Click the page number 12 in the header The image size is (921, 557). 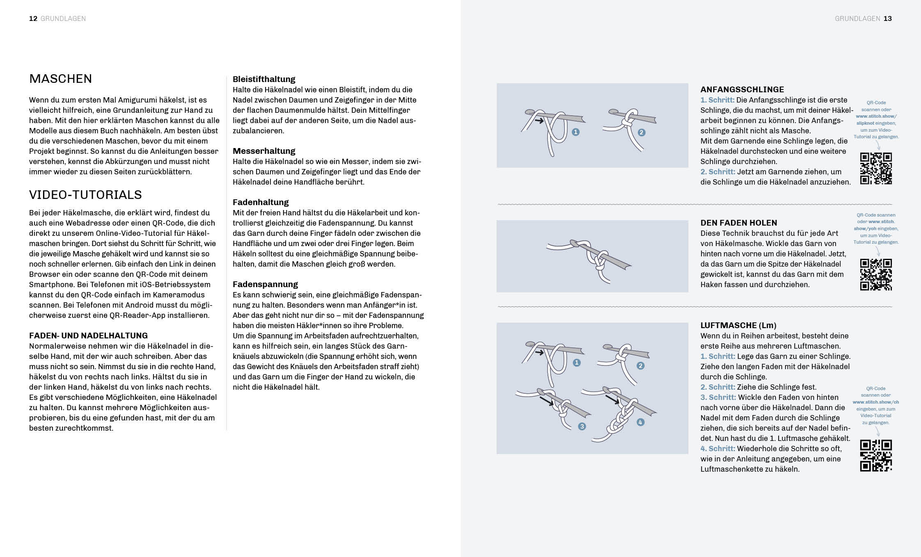click(x=33, y=18)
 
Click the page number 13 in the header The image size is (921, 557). click(x=887, y=18)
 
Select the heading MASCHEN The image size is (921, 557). click(x=61, y=79)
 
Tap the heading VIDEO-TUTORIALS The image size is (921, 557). click(x=85, y=195)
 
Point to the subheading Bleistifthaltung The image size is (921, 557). click(x=264, y=79)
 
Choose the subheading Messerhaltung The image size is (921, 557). click(x=264, y=151)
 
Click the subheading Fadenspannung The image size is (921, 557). click(x=265, y=284)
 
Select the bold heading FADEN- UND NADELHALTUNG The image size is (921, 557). click(x=88, y=336)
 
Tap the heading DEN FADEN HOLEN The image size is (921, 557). click(x=739, y=223)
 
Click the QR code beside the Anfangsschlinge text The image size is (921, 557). click(x=876, y=169)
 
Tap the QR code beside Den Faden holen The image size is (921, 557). click(x=876, y=274)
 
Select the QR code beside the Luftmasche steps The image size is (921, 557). click(x=876, y=456)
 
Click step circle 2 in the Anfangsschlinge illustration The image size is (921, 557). click(x=641, y=132)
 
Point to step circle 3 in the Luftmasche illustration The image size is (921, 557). click(x=582, y=427)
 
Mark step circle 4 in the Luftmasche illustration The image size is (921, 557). click(x=640, y=422)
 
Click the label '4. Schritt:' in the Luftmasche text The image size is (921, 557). click(x=717, y=449)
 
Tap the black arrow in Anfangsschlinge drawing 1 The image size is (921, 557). click(x=539, y=121)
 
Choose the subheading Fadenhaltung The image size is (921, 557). click(x=261, y=202)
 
